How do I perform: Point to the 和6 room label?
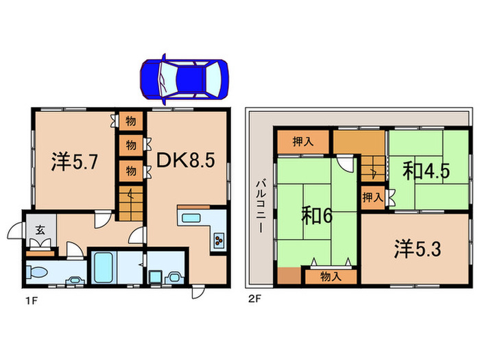coord(317,216)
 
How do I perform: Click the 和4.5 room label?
coord(426,171)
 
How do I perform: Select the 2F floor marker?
coord(253,299)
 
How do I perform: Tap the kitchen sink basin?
coord(191,220)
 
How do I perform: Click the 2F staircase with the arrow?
coord(372,168)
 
